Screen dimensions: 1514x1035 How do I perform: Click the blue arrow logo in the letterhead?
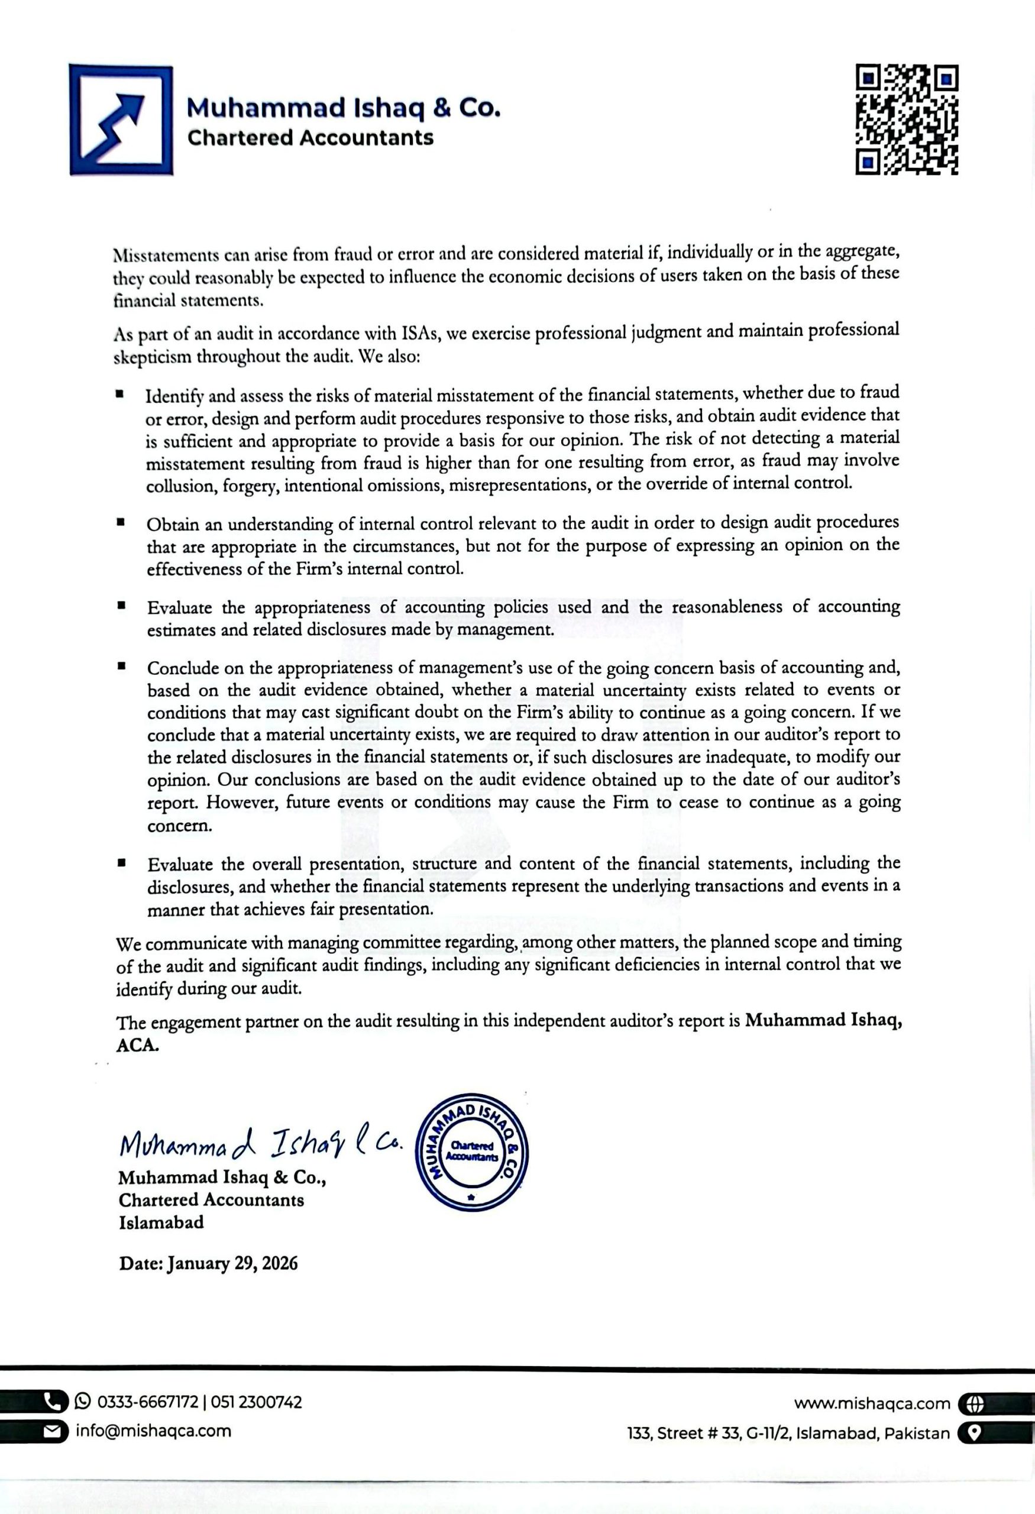121,120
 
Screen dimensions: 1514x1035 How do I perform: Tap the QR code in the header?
906,120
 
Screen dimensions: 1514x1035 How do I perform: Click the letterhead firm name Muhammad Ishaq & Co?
343,108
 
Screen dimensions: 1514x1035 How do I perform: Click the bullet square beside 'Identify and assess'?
120,394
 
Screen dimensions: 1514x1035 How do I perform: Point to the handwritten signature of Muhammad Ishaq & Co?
261,1144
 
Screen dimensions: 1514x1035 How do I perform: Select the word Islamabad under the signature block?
161,1222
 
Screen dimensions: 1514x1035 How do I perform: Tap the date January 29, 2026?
232,1264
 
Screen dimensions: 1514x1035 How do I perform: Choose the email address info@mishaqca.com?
154,1431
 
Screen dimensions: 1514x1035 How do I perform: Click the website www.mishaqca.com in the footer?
872,1404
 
